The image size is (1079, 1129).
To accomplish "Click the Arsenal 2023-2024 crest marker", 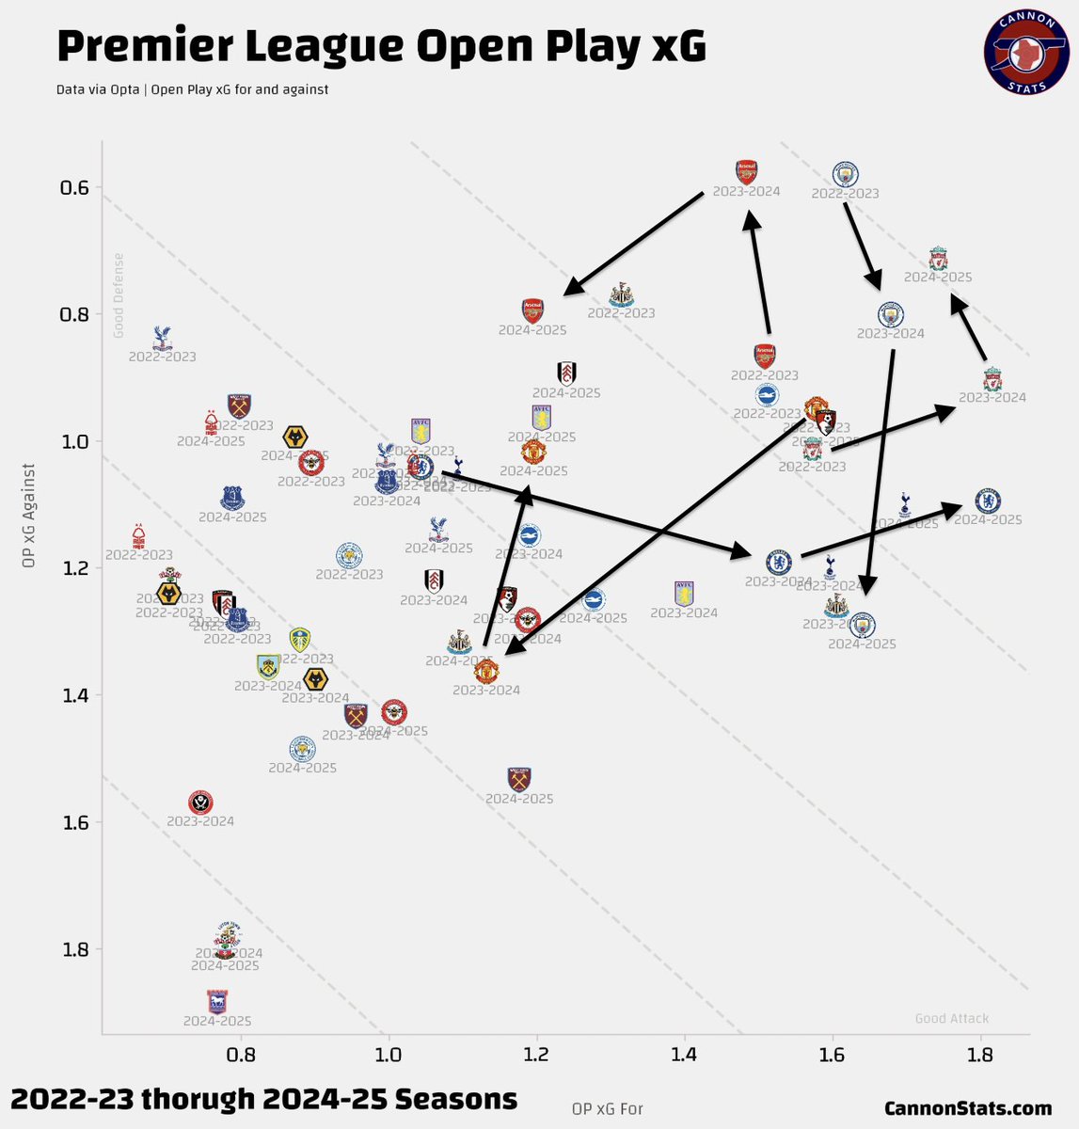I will [x=746, y=171].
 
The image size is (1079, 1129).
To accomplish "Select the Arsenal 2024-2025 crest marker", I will [x=532, y=310].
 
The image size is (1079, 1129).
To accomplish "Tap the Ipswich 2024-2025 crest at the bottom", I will [x=217, y=1001].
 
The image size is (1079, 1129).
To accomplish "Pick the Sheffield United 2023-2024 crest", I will [x=199, y=802].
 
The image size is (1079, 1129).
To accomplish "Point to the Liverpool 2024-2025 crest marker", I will [x=938, y=258].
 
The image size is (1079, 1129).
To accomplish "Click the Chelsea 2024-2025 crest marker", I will [x=988, y=501].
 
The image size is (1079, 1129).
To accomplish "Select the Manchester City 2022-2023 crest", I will [x=846, y=174].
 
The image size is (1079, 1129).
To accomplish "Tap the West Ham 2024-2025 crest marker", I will [x=519, y=779].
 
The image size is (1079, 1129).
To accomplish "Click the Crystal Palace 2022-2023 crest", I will [x=162, y=337].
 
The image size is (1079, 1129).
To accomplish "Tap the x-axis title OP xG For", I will [x=607, y=1108].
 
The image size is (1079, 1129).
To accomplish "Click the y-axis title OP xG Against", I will [x=31, y=515].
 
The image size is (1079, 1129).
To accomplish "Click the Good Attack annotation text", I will [x=952, y=1018].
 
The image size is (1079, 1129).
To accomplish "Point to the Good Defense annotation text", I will [x=119, y=295].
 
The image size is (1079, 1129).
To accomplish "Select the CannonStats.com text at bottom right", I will [x=968, y=1109].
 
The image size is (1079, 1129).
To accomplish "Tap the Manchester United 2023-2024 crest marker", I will [x=485, y=671].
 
